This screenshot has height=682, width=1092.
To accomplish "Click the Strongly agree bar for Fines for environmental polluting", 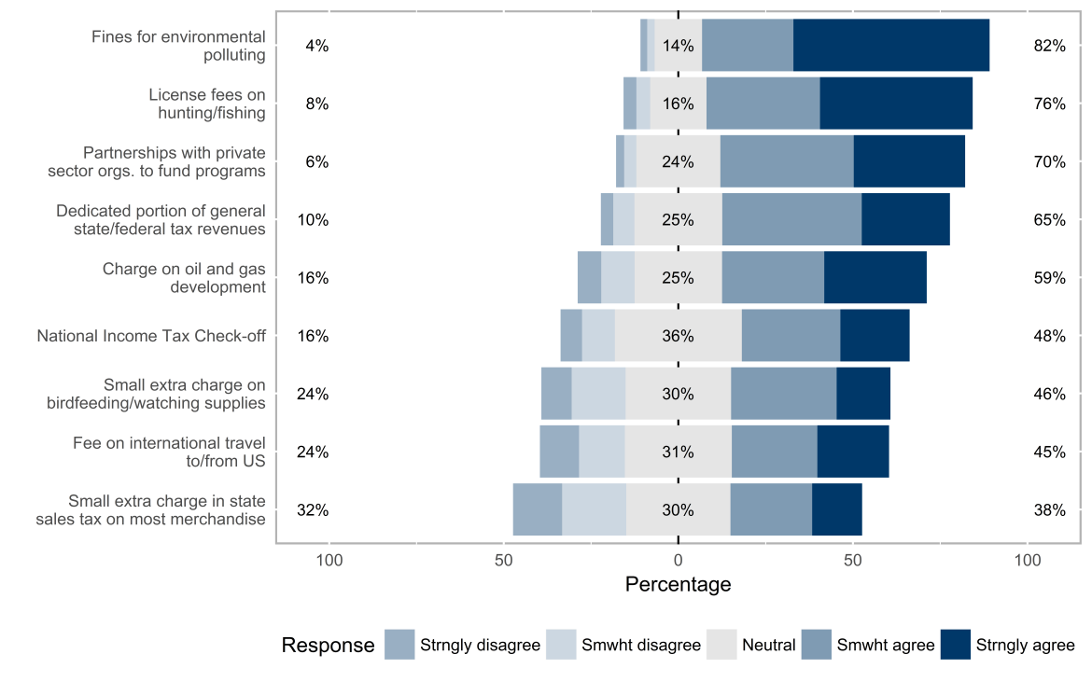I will (x=890, y=45).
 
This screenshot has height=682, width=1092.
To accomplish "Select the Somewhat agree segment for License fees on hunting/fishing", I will (x=763, y=104).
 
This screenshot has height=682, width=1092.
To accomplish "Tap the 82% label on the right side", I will (x=1049, y=46).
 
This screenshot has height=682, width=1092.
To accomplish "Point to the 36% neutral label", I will (x=678, y=336).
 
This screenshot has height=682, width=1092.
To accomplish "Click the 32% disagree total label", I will (x=313, y=510).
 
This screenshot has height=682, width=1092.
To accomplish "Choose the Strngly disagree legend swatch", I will (x=399, y=645).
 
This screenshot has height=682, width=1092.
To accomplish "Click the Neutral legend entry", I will (x=768, y=645).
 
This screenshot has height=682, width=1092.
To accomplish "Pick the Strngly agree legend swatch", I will (x=956, y=645).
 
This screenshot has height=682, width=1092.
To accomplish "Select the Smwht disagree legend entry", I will (x=640, y=645).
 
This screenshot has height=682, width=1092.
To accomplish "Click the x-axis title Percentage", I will (x=678, y=585).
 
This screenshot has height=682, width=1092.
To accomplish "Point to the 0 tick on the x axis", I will (x=678, y=561).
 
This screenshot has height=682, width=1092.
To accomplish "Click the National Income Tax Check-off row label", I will (x=151, y=336).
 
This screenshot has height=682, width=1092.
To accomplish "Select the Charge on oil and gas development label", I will (x=184, y=278).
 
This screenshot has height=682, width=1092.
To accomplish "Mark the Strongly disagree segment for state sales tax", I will (x=537, y=510).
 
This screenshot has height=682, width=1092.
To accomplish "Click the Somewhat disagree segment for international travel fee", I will (x=601, y=452).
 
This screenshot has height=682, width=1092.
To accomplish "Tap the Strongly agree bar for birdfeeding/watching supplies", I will (x=863, y=394).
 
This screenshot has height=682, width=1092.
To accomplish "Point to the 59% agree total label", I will (x=1049, y=278).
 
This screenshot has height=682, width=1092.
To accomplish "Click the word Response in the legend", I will (x=328, y=645).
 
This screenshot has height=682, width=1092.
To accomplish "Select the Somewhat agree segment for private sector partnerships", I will (x=787, y=161).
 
